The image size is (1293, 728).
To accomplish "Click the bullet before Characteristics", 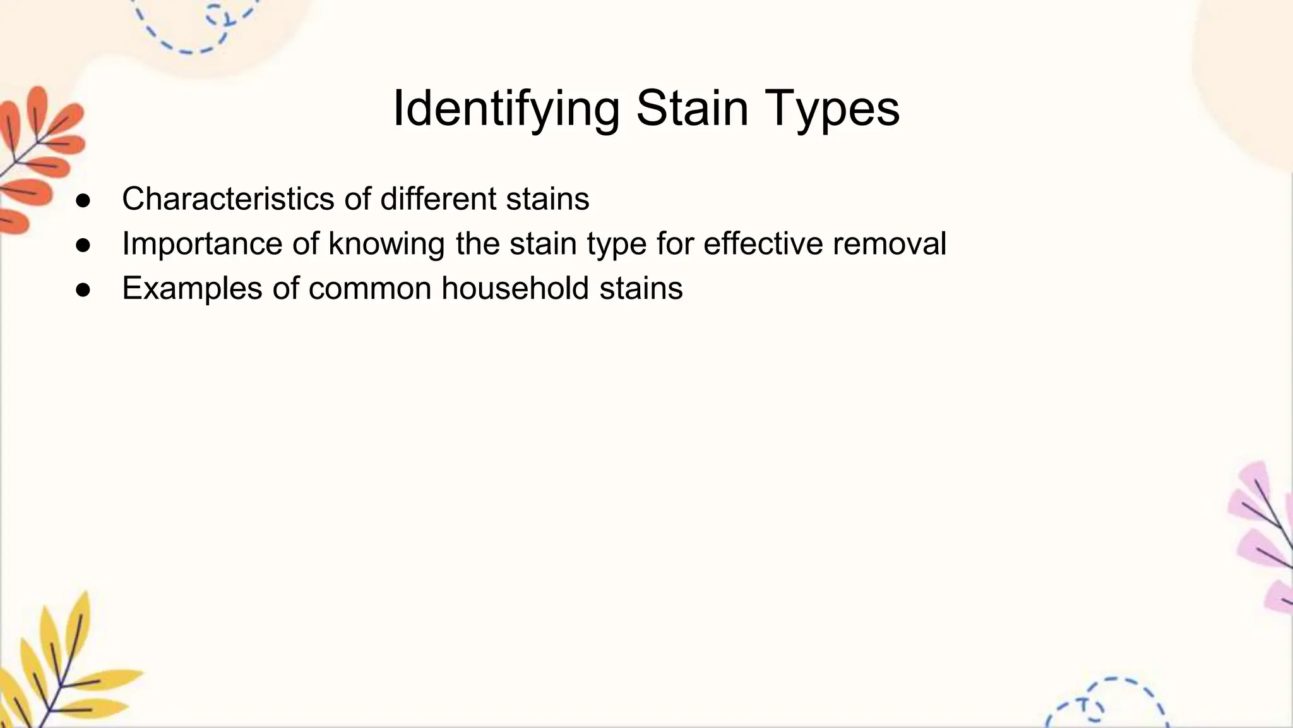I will (x=83, y=200).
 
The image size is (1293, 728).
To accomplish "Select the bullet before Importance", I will (x=83, y=245).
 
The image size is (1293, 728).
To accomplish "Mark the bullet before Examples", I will (x=83, y=290).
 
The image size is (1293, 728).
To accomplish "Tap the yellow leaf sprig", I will (x=60, y=670).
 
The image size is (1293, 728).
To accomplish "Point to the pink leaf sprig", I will (x=1263, y=537).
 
